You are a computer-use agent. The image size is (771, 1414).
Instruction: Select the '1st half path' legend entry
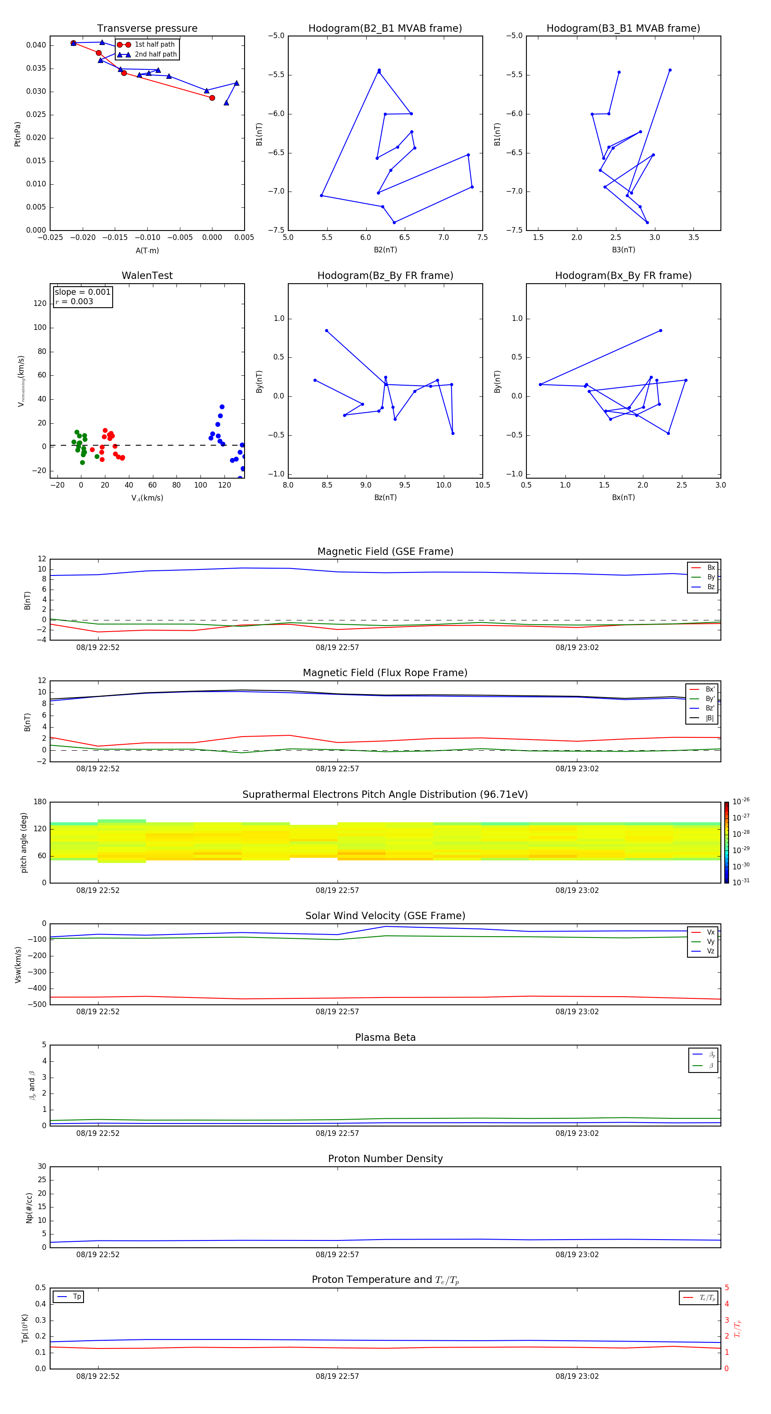154,45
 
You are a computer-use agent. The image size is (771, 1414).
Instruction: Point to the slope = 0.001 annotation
82,292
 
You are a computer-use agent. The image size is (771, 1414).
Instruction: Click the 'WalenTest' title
147,276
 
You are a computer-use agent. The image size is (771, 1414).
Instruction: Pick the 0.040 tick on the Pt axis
36,45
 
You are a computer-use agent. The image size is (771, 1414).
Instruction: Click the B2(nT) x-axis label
385,250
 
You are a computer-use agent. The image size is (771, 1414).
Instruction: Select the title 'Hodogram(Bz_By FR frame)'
385,276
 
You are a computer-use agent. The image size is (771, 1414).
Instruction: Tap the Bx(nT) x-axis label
623,497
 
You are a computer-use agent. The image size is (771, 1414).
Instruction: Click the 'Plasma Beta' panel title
385,1037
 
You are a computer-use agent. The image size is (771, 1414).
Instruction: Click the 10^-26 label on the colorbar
741,801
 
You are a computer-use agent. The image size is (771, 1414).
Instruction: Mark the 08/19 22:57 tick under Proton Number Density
337,1254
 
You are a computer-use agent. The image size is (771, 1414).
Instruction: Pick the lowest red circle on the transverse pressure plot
212,98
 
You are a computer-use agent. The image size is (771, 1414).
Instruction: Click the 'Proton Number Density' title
385,1159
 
